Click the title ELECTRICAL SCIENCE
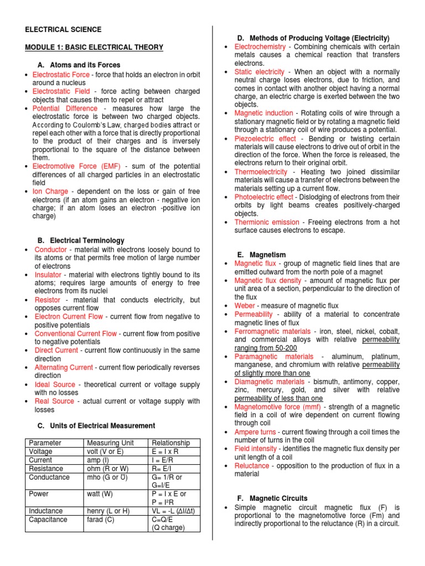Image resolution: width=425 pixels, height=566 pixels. [63, 29]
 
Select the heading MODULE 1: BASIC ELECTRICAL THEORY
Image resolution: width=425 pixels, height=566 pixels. [94, 48]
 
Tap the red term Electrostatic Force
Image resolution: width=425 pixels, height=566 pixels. [61, 74]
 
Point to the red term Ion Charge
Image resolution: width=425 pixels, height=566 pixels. [50, 191]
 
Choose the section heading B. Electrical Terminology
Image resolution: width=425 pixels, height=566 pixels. [81, 240]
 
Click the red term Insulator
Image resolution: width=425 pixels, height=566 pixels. [48, 274]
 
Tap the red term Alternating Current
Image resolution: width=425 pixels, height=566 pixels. [64, 367]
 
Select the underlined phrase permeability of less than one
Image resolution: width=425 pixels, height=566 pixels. [278, 398]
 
